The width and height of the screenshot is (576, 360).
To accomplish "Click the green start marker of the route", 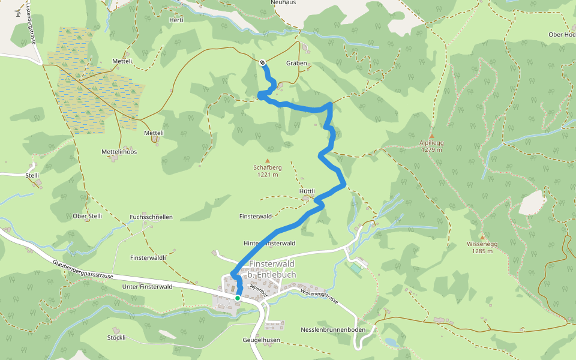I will click(x=238, y=298).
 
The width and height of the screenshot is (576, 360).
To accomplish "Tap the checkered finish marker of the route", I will click(x=263, y=62).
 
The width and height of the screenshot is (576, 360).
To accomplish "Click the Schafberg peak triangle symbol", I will click(x=268, y=160).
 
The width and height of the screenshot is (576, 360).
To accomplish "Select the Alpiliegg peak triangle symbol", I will click(x=431, y=136).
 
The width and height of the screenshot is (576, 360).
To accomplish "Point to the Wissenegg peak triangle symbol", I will click(x=482, y=237).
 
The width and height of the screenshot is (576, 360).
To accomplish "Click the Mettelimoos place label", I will click(x=119, y=152).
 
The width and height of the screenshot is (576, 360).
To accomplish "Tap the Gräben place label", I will click(x=296, y=63).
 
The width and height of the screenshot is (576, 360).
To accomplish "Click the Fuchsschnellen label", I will click(x=151, y=217).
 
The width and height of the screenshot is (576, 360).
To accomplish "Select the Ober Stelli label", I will click(x=87, y=216).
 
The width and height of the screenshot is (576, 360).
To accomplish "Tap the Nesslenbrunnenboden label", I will click(x=333, y=330).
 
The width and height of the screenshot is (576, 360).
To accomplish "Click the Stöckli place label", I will click(x=116, y=338).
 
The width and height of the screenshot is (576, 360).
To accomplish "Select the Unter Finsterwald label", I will click(x=147, y=287).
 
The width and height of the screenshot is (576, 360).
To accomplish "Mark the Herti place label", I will click(x=176, y=20).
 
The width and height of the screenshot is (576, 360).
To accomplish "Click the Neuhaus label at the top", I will click(x=284, y=3).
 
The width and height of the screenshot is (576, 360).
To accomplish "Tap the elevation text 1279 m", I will click(x=431, y=150).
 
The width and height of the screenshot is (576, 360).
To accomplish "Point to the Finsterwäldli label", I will click(x=148, y=257).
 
